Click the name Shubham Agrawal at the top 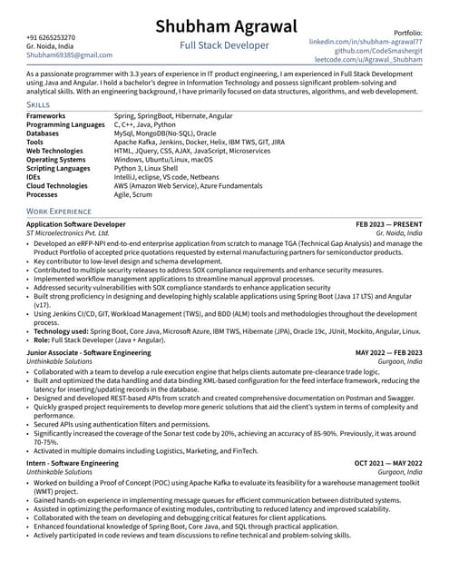click(224, 27)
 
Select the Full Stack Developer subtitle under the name click(224, 45)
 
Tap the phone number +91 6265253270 click(51, 37)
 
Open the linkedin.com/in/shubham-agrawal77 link click(366, 42)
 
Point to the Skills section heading click(39, 105)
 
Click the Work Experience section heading click(59, 212)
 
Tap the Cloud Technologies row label click(57, 185)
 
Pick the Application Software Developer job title click(76, 223)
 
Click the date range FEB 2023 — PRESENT click(388, 223)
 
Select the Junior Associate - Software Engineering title click(89, 352)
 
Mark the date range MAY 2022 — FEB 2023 click(388, 352)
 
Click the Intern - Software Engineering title click(73, 463)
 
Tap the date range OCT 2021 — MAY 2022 click(388, 463)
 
